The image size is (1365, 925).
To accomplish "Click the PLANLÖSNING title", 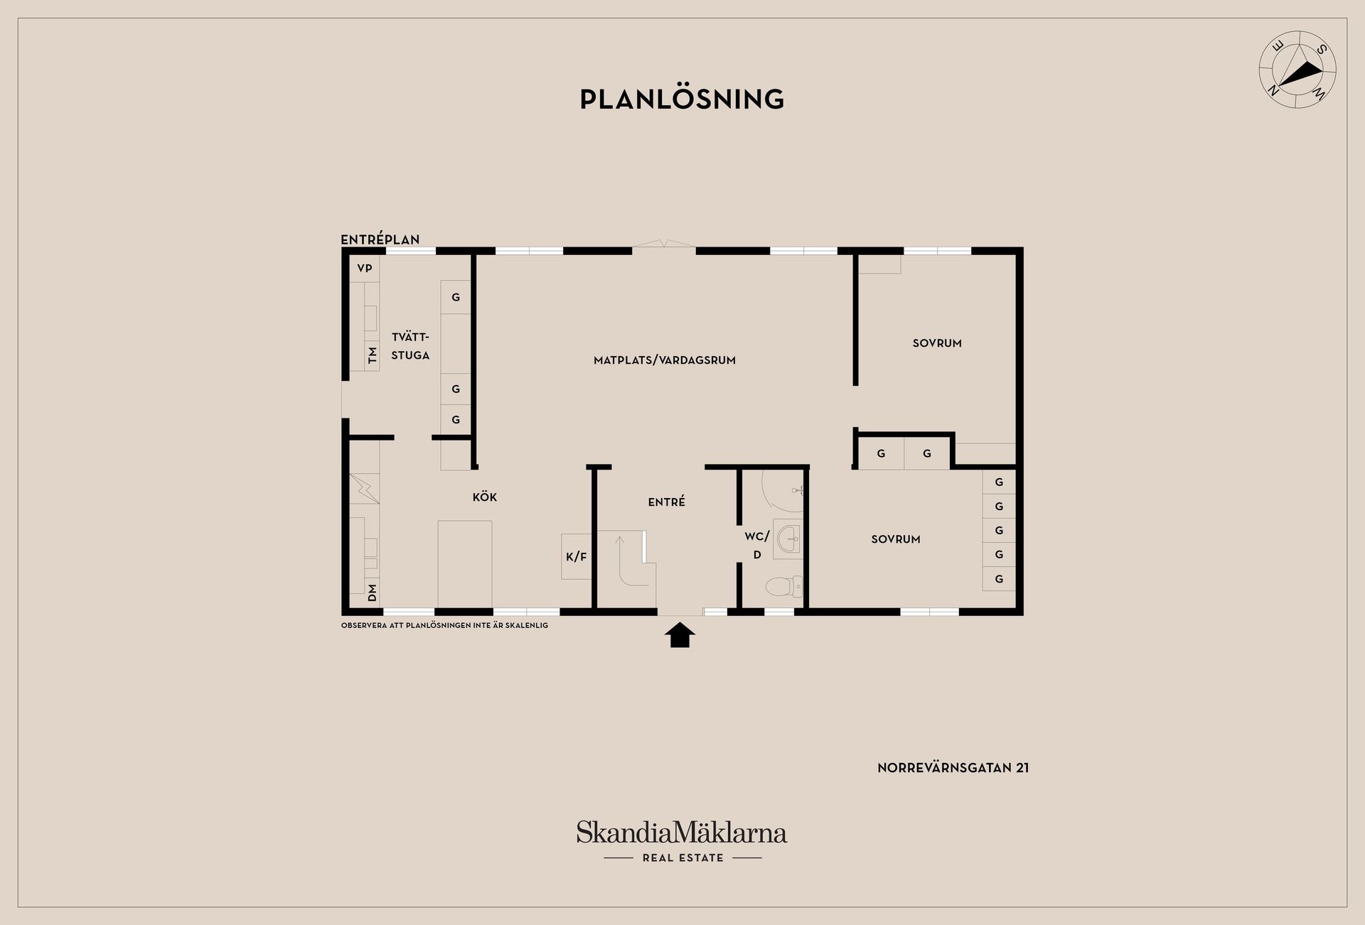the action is point(682,99).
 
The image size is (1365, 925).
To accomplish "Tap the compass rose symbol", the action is point(1297,70).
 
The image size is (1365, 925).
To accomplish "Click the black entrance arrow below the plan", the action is point(680,634).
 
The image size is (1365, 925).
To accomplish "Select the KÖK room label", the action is point(484,497).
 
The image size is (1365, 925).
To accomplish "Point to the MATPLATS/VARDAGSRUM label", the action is point(664,360).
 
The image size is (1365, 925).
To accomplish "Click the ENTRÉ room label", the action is point(666,501).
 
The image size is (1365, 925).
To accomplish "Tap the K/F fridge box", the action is point(576,556).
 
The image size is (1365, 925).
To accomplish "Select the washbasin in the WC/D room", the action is point(787,539).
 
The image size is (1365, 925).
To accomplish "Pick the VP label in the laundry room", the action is point(365,268).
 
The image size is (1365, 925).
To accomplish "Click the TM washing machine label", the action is point(372,355).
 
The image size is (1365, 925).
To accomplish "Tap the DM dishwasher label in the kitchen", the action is point(372,593).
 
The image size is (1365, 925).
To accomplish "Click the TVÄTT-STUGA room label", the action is point(410,345).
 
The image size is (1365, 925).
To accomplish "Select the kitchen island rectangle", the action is point(464,563).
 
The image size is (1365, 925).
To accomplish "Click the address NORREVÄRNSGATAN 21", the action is point(953,767).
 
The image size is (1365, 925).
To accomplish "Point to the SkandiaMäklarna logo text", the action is point(682,832).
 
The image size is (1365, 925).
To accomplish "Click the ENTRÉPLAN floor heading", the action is point(380,239).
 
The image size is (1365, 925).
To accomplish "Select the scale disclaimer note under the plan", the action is point(444,625).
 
